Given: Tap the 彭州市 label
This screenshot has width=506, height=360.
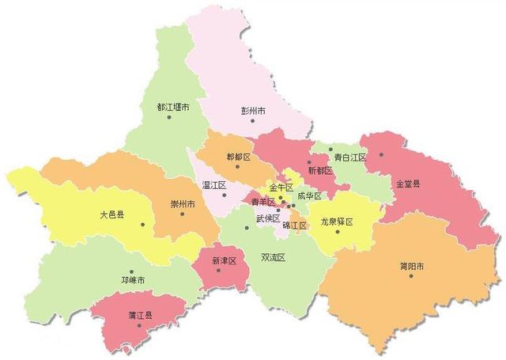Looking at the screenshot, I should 255,111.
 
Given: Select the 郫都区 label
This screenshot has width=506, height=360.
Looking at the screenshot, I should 238,157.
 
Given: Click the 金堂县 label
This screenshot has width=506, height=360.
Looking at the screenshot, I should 407,184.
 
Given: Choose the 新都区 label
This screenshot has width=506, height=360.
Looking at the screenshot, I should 320,170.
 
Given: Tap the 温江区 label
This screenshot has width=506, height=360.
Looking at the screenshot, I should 214,185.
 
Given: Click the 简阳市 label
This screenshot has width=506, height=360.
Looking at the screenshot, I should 411,266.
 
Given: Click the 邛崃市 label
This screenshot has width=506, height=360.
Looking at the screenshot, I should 132,281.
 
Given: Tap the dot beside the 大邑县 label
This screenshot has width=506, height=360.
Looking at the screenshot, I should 143,224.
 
